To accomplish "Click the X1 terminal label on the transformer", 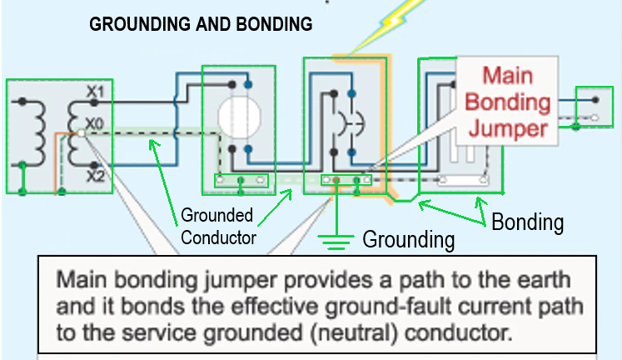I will pyautogui.click(x=92, y=89).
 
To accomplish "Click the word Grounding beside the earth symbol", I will pyautogui.click(x=408, y=240).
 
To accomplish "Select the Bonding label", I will pyautogui.click(x=527, y=222).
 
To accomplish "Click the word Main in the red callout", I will pyautogui.click(x=508, y=77).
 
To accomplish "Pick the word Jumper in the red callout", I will pyautogui.click(x=508, y=128).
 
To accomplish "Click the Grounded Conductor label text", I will pyautogui.click(x=217, y=226).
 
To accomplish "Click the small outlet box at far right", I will pyautogui.click(x=595, y=107).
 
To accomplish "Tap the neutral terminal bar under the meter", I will pyautogui.click(x=240, y=178).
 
